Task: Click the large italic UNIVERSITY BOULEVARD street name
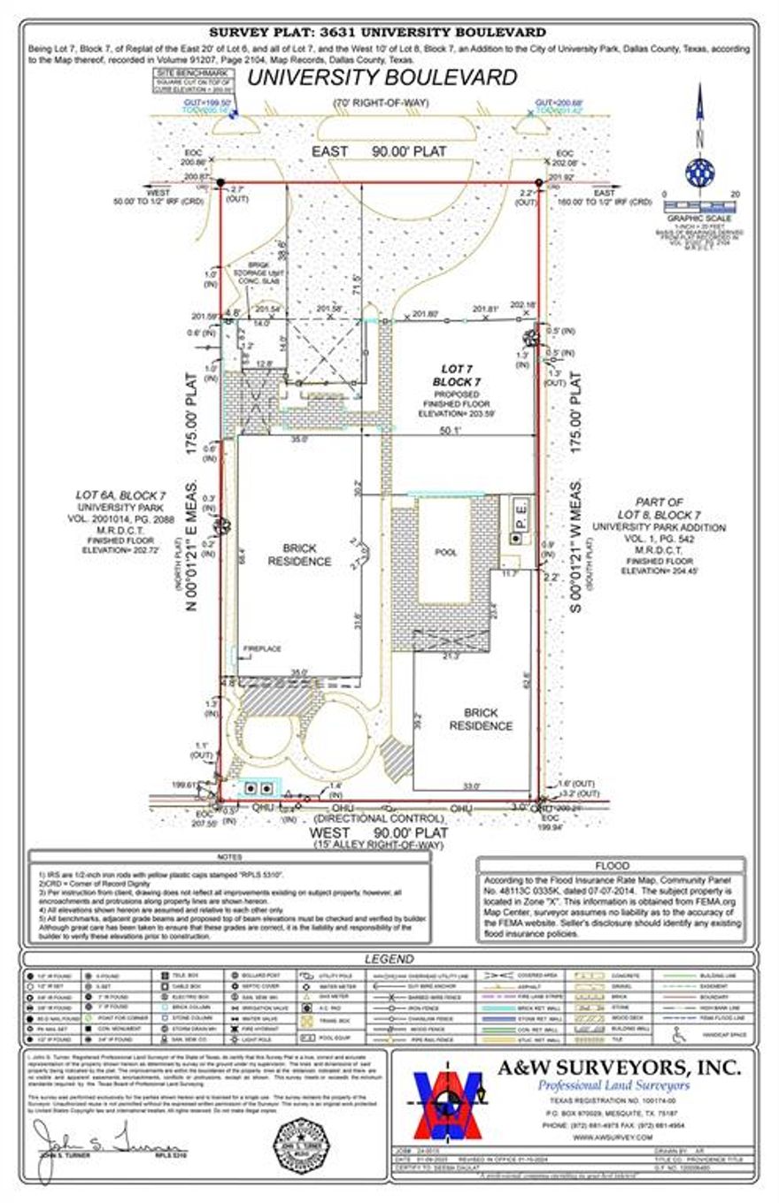pos(382,78)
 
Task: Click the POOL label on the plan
pos(447,552)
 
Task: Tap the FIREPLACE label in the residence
pos(261,649)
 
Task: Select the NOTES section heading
pos(229,857)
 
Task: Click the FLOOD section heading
pos(611,865)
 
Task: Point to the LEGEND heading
pos(389,959)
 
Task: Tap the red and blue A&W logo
pos(450,1107)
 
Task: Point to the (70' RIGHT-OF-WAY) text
pos(382,103)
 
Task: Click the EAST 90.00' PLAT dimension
pos(378,152)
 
